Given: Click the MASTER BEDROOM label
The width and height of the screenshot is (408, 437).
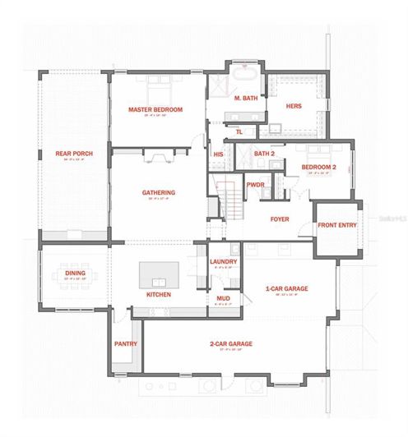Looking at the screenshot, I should pos(155,109).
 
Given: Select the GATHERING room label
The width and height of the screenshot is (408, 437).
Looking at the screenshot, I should pos(158,193).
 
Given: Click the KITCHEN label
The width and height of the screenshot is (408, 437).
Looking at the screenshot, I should pos(158,293).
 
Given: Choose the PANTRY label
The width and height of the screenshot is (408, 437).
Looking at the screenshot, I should pos(126,344).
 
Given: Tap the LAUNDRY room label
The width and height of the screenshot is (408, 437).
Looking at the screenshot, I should pos(223,262).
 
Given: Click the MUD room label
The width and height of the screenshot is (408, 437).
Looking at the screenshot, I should pos(222,298).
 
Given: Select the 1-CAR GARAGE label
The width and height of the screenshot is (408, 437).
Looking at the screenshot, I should pos(286,289).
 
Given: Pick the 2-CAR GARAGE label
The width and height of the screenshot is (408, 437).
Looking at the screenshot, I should pos(229,344).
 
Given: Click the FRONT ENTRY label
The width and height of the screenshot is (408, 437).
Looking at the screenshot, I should pos(336,224).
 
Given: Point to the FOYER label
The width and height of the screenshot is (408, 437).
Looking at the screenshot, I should pos(280,218).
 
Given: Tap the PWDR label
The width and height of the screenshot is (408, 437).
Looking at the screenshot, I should pos(255,185).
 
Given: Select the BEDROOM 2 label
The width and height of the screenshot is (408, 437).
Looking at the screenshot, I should pos(318,167).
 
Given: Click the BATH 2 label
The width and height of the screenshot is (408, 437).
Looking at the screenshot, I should pos(263,154).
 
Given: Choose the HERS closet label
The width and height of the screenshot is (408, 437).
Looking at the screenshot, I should pos(294,106).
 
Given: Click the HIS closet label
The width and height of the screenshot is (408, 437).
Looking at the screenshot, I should pos(219,154).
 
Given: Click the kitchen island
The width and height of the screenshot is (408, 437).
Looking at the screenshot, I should pos(158,273).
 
